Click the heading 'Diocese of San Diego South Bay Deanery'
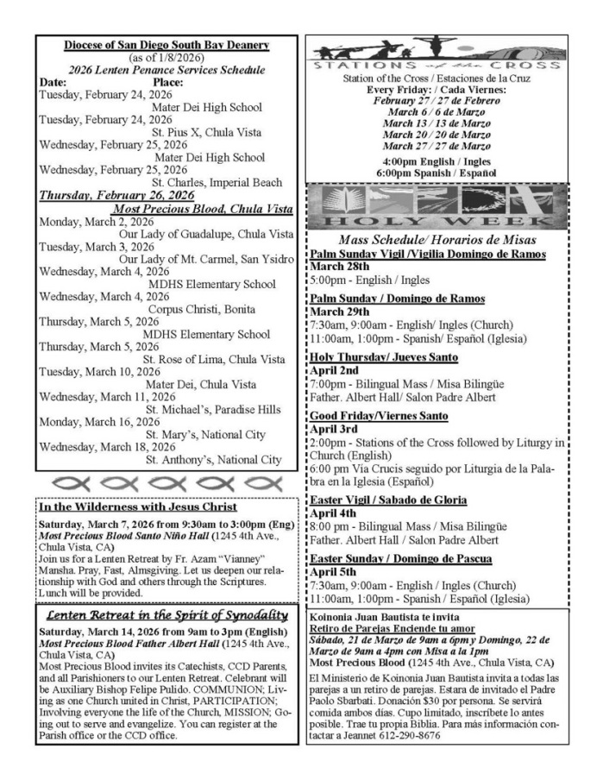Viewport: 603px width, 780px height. (x=167, y=45)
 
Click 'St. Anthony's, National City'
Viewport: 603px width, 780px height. (x=213, y=459)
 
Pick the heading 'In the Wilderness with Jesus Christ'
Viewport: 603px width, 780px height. (x=138, y=506)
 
